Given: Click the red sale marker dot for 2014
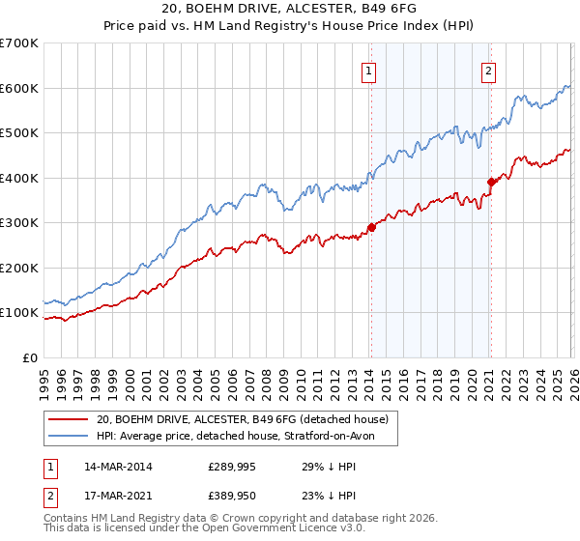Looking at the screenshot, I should pyautogui.click(x=371, y=228).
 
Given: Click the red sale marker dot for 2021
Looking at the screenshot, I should pyautogui.click(x=491, y=182).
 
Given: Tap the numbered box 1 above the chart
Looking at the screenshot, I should pyautogui.click(x=370, y=70).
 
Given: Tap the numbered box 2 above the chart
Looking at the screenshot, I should pyautogui.click(x=490, y=70).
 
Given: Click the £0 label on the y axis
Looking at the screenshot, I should pyautogui.click(x=29, y=357).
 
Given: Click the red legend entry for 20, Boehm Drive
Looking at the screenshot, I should pyautogui.click(x=242, y=419).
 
